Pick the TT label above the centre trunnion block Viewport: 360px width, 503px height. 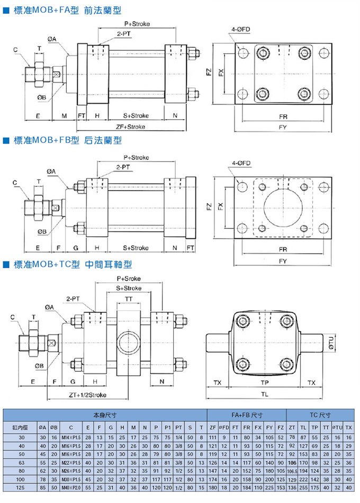click(129, 299)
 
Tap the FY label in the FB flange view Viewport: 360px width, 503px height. click(283, 262)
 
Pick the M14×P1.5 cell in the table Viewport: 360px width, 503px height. click(70, 437)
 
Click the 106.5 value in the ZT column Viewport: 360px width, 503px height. click(292, 471)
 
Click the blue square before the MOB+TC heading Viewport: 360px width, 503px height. click(6, 263)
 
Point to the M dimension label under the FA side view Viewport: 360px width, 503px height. click(64, 115)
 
